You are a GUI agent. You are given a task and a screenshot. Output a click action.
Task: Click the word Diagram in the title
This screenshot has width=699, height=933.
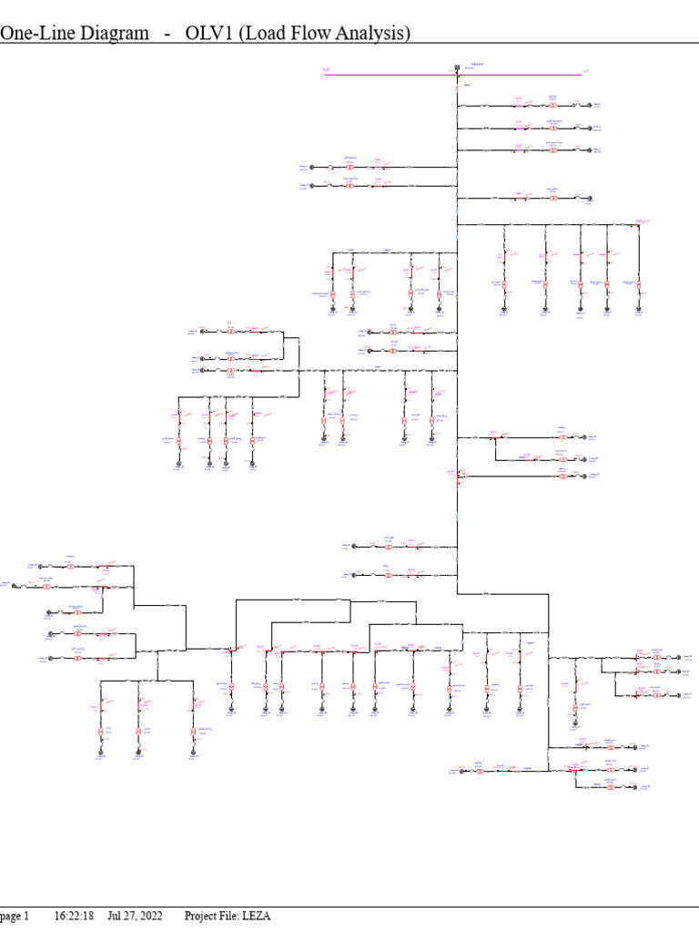pos(108,35)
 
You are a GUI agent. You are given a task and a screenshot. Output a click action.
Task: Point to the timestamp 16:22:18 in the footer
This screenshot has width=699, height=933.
pos(75,916)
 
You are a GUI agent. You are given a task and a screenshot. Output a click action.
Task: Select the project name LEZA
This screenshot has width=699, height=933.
pos(256,916)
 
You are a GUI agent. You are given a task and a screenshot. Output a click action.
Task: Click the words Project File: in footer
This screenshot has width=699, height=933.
pos(210,916)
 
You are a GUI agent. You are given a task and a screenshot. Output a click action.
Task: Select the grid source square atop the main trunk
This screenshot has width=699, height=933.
pos(456,67)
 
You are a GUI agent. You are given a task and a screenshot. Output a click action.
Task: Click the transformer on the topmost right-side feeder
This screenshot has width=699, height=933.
pos(552,106)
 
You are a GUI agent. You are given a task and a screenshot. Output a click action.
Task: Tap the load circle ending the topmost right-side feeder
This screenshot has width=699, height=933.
pos(589,106)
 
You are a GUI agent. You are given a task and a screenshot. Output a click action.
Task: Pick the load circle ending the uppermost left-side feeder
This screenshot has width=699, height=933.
pos(311,167)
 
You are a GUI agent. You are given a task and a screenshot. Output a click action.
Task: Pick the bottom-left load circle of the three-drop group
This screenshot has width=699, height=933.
pos(100,752)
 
